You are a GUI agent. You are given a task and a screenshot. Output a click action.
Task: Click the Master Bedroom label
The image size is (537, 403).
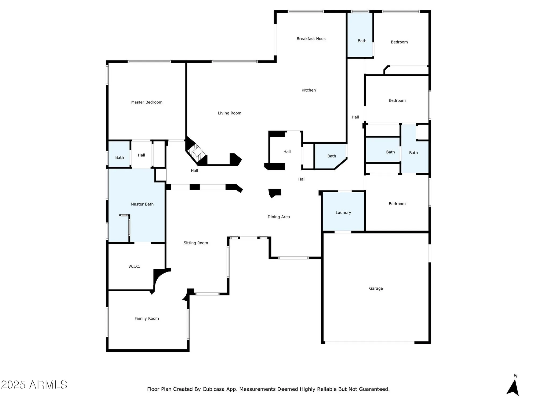[147, 102]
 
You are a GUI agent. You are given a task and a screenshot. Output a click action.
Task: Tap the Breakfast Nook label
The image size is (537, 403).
[311, 39]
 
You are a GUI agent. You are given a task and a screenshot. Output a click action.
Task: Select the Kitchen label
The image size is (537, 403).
[309, 90]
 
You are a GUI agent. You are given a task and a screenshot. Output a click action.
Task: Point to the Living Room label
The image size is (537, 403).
[229, 113]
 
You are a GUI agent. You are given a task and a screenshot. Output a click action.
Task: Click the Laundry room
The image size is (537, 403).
[343, 212]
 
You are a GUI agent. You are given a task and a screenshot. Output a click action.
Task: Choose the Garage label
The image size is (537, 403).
[376, 288]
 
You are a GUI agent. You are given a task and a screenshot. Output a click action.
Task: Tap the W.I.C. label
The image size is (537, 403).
[134, 266]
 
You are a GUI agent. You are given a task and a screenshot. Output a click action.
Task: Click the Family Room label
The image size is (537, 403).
[147, 318]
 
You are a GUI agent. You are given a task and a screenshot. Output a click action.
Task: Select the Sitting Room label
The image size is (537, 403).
[195, 243]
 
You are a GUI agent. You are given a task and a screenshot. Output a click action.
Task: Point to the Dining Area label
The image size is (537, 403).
[278, 217]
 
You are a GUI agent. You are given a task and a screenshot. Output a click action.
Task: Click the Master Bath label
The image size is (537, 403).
[142, 204]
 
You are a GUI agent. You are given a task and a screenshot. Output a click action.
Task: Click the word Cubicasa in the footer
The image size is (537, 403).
[213, 389]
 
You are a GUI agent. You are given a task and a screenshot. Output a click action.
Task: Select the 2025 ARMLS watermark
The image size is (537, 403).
[34, 385]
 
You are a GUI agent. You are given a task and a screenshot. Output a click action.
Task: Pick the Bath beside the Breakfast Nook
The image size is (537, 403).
[362, 41]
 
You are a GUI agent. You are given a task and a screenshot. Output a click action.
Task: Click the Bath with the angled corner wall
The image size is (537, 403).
[331, 156]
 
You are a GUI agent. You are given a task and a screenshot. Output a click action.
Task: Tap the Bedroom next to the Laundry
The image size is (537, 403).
[397, 204]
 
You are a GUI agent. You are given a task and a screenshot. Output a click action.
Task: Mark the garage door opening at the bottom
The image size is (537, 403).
[369, 343]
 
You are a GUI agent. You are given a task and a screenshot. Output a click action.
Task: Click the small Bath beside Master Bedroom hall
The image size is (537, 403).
[119, 157]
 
